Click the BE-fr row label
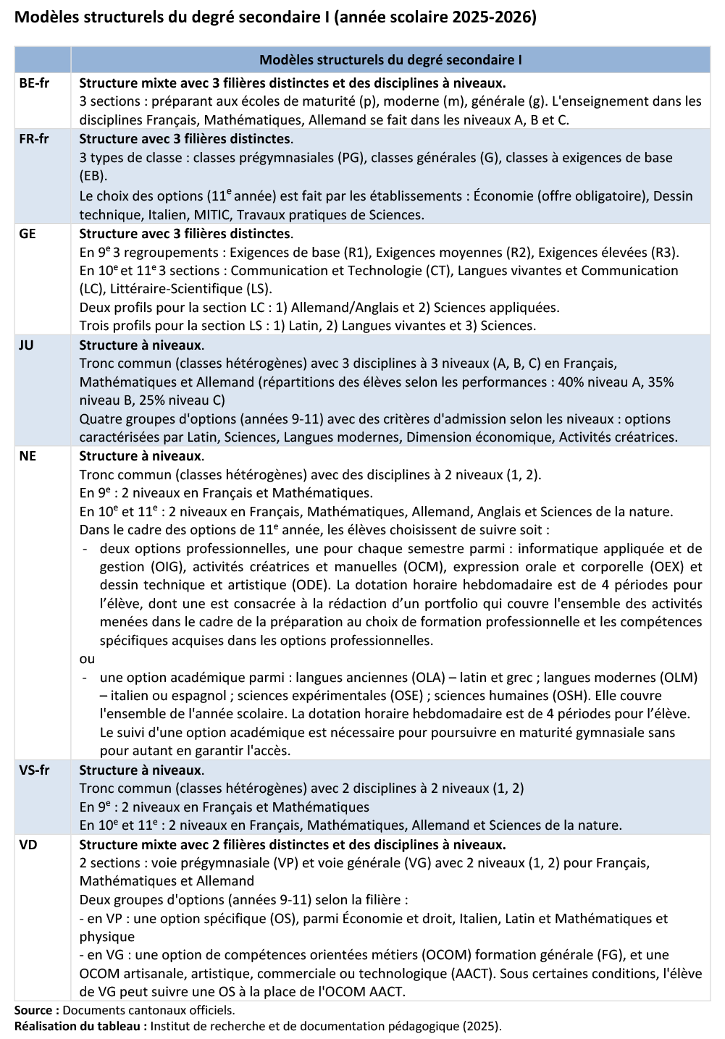pos(34,83)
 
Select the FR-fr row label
pos(34,139)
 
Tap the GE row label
pos(28,234)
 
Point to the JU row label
pos(26,345)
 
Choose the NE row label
pos(28,456)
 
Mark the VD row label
pos(28,845)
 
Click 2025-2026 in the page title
pos(495,17)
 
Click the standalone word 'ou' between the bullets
pos(87,659)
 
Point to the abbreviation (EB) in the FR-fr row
pos(93,176)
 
